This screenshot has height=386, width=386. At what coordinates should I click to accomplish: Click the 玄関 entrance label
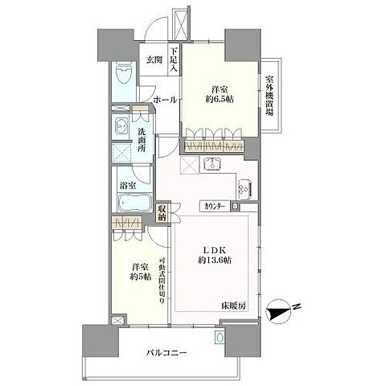(153, 59)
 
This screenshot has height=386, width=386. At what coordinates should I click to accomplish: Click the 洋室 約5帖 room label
(142, 271)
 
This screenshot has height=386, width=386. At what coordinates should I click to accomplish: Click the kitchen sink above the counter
(212, 166)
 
